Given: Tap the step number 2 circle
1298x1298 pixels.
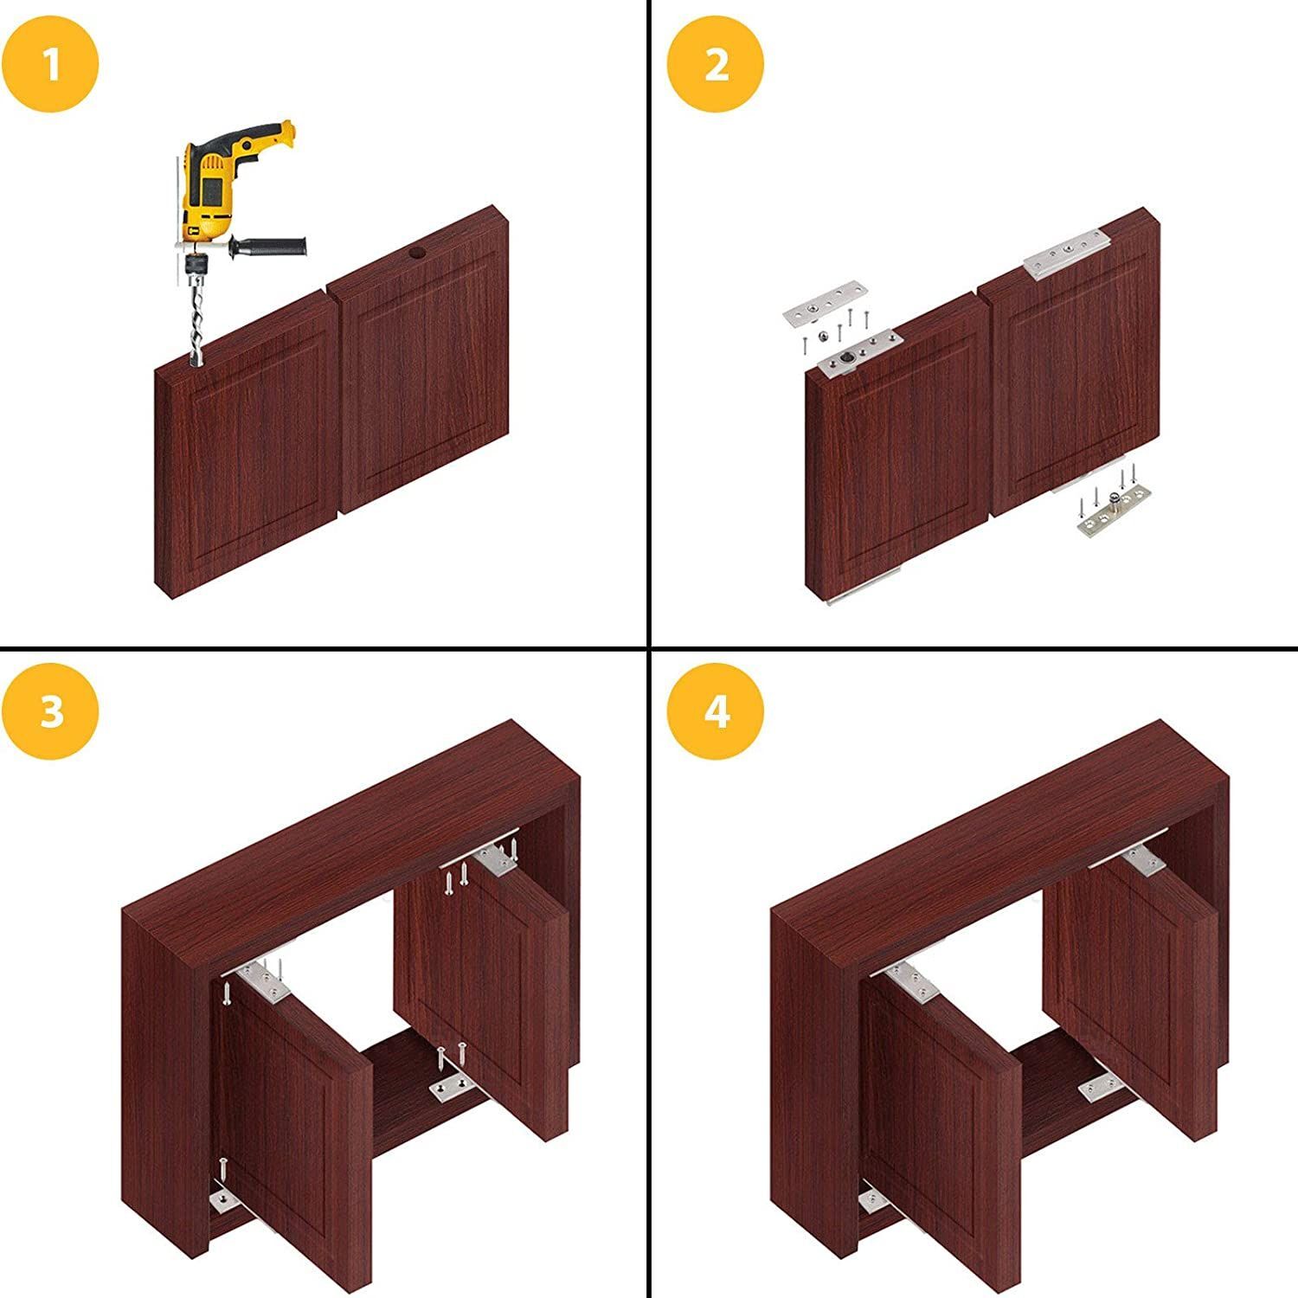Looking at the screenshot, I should coord(716,64).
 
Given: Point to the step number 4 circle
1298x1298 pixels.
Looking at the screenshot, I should coord(716,711).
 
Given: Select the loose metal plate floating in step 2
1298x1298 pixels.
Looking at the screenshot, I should coord(825,302).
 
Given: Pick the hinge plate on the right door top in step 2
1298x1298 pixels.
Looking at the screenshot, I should coord(1065,253).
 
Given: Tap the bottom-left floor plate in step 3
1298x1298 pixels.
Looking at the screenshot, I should coord(227,1199).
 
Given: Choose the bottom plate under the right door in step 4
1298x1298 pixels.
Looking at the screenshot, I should coord(1103,1086).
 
